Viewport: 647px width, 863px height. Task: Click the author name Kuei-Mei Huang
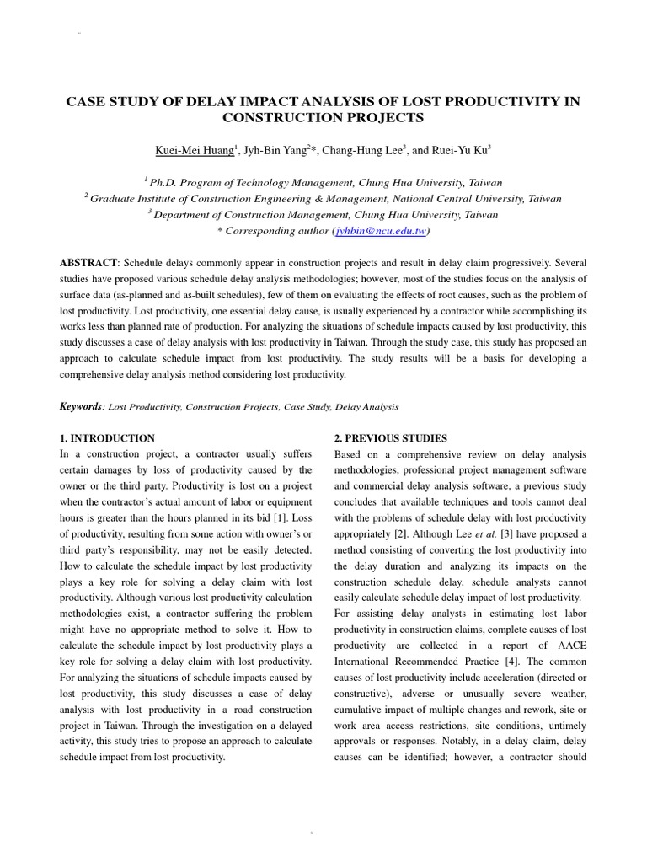point(193,151)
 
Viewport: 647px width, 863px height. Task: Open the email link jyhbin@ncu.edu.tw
point(381,231)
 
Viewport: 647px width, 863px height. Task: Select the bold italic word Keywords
point(80,406)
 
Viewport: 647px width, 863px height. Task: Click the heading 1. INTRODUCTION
point(107,438)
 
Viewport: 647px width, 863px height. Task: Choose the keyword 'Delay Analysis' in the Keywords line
point(367,407)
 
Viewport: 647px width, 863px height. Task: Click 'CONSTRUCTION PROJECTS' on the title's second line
point(323,118)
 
